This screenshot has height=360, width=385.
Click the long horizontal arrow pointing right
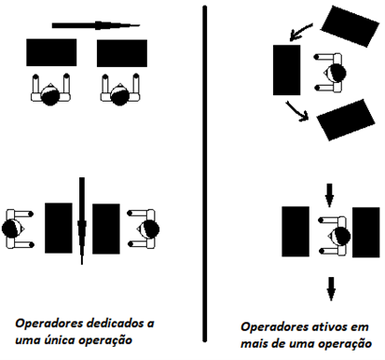tap(96, 25)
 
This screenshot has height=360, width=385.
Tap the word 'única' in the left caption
tap(60, 339)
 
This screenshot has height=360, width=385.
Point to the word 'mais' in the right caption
tap(254, 344)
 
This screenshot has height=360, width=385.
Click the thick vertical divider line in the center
tap(204, 174)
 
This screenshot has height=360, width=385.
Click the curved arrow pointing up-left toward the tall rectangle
tap(300, 32)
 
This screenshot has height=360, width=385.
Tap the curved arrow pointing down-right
tap(297, 111)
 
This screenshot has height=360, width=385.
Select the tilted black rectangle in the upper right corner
tap(350, 26)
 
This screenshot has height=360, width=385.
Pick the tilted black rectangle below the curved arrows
tap(346, 119)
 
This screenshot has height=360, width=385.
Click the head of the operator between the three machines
tap(336, 73)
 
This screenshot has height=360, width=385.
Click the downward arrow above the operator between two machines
tap(330, 195)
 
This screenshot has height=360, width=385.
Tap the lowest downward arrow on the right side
tap(331, 289)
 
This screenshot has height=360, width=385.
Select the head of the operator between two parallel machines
tap(340, 236)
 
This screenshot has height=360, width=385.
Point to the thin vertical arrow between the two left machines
tap(82, 221)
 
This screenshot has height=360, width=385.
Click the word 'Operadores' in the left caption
tap(49, 323)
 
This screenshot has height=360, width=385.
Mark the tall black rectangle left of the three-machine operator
tap(286, 70)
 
